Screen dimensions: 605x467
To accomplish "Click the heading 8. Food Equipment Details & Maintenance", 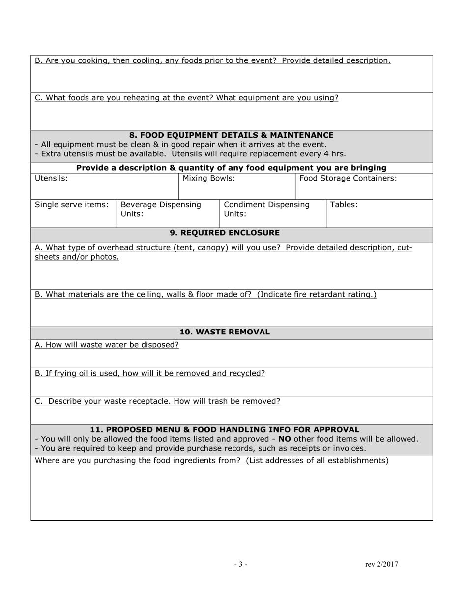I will [x=231, y=135].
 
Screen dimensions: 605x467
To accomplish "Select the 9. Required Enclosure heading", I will [x=225, y=233].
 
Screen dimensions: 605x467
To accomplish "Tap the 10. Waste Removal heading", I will [x=225, y=332].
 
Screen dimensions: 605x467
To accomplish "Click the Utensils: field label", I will [x=52, y=178].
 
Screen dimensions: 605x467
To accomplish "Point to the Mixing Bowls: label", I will [x=209, y=178].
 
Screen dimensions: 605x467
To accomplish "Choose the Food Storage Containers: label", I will [x=348, y=178].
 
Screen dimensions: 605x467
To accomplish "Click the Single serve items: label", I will [x=72, y=204].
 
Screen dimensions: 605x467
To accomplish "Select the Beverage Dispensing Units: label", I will [x=161, y=209].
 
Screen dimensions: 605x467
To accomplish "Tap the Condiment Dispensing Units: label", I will [x=266, y=209].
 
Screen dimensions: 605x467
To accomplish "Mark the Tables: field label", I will [x=344, y=204].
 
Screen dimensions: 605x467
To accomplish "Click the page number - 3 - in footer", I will [x=240, y=564].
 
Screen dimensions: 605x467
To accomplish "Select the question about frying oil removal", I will [x=150, y=373].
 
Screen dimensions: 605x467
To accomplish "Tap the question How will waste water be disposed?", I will [x=107, y=345].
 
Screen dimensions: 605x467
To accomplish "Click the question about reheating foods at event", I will [x=187, y=98].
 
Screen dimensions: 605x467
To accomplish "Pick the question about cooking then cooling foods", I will [x=213, y=60].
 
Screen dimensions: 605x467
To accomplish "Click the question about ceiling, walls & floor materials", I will [x=205, y=294].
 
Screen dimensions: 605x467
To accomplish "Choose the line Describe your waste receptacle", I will [x=158, y=401].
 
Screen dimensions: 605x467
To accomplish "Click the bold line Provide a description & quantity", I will [x=231, y=168].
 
